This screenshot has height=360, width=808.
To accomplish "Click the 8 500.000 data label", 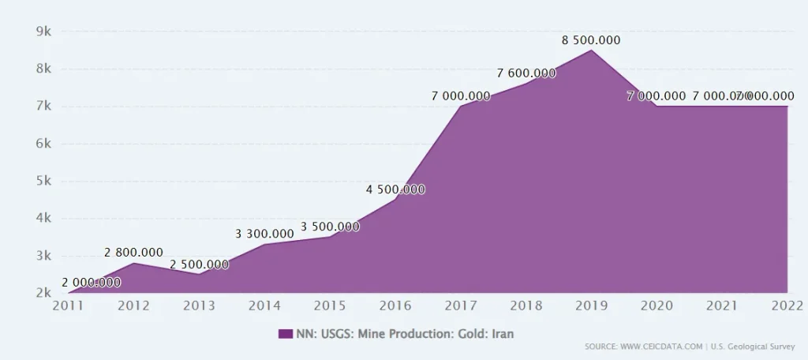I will tap(591, 39).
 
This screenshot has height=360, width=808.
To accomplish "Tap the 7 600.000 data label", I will tap(526, 73).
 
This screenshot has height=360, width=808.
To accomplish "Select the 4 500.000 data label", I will tap(395, 189).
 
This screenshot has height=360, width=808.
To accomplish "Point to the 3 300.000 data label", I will tap(264, 234).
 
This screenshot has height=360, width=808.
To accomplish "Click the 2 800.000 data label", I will tap(133, 253).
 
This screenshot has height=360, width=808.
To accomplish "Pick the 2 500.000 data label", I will tap(199, 264).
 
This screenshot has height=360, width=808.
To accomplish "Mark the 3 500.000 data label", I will tap(330, 227).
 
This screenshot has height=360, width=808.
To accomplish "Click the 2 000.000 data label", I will tap(91, 283).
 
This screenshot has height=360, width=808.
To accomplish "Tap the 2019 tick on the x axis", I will tap(591, 306).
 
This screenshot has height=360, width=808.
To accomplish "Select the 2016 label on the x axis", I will tap(395, 306).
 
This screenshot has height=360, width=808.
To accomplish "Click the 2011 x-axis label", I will tap(68, 306).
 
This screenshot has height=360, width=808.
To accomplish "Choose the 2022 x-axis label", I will tap(787, 306).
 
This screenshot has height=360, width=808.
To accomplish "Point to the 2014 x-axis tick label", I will tap(264, 306).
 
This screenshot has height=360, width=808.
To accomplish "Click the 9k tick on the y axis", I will tap(43, 32).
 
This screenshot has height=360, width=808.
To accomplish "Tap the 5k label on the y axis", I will tap(43, 181).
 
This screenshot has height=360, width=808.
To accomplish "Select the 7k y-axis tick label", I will tap(43, 106).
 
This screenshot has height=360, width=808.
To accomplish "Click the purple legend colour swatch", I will tap(285, 334).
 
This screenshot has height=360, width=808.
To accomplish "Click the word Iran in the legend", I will tap(502, 334).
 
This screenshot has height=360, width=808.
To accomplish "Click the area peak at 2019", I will tap(591, 51).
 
